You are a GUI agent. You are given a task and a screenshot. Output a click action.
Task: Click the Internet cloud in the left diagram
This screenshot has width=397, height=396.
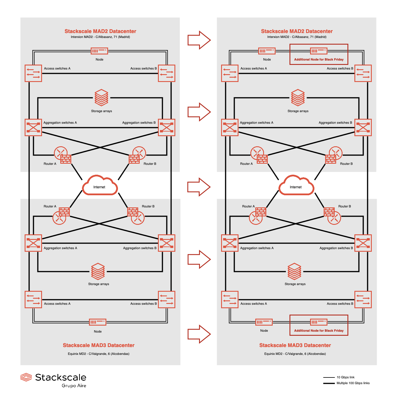tap(100, 185)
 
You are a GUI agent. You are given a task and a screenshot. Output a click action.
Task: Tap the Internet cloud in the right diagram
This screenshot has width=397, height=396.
tap(296, 185)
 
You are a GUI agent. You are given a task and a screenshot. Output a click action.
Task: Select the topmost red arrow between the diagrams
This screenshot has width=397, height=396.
tap(199, 40)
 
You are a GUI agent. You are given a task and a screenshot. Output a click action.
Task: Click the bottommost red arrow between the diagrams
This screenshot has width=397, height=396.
tap(199, 334)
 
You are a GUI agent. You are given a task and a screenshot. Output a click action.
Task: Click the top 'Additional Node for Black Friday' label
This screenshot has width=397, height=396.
tap(319, 59)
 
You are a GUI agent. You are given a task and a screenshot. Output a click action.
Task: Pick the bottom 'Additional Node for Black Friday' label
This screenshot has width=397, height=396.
tap(319, 331)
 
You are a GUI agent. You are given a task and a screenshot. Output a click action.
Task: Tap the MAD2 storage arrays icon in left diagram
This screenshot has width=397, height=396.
tap(101, 98)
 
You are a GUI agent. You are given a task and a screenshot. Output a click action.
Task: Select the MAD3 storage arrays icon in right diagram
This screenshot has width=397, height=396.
tap(294, 271)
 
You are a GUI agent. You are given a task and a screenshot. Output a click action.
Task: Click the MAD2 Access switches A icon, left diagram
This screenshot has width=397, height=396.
tap(33, 73)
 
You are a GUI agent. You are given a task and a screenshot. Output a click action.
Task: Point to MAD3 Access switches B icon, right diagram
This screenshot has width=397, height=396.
tap(363, 300)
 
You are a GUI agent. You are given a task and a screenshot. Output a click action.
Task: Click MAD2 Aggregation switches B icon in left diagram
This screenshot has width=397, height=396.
tap(167, 127)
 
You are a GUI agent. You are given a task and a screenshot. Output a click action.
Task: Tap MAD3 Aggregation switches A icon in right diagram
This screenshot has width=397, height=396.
tap(230, 243)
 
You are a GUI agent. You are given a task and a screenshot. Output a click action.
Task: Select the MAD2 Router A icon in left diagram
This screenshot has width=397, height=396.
tap(62, 155)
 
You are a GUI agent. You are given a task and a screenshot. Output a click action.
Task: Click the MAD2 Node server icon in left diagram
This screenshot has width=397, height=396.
tap(99, 51)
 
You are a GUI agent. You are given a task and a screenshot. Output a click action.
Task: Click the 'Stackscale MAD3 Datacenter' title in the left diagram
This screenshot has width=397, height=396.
tap(99, 345)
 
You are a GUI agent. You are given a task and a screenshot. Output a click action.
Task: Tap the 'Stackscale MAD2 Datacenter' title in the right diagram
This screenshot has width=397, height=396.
tap(297, 31)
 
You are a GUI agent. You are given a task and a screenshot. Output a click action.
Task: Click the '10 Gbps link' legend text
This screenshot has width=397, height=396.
tap(345, 377)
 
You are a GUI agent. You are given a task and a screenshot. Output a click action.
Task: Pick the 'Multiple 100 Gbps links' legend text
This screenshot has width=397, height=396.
tap(353, 383)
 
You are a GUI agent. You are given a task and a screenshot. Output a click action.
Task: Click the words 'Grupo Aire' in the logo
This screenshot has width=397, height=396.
tap(74, 386)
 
